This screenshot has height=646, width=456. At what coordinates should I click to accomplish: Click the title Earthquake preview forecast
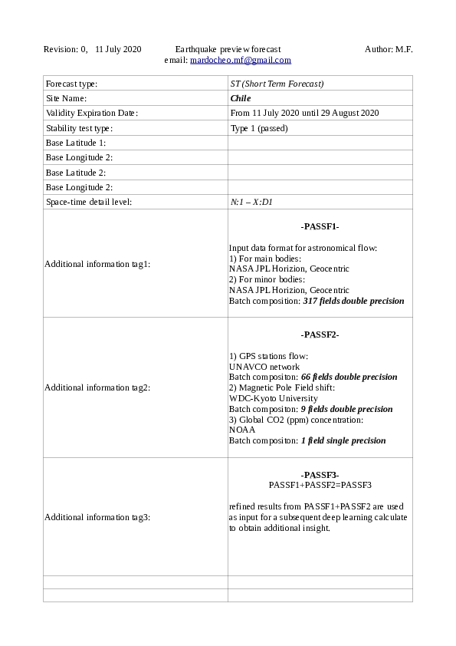(228, 49)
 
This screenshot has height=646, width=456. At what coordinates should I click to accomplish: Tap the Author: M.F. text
(389, 49)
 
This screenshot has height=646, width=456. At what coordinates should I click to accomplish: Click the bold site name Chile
(241, 98)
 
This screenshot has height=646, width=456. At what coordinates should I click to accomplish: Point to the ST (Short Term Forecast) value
(277, 84)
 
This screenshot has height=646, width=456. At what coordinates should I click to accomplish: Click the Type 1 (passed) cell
(259, 128)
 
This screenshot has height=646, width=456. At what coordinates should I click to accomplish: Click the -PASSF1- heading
(320, 227)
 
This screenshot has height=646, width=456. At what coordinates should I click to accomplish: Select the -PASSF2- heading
(320, 335)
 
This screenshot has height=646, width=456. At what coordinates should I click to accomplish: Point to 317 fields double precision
(353, 302)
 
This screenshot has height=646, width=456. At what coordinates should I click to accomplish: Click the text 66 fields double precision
(349, 377)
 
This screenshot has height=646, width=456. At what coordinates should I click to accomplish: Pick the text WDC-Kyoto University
(273, 399)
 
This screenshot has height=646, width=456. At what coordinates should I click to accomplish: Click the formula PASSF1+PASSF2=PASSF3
(320, 486)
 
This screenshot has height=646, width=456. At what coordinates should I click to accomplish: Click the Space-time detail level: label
(89, 203)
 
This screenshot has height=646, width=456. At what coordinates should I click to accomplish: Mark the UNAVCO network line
(264, 367)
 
